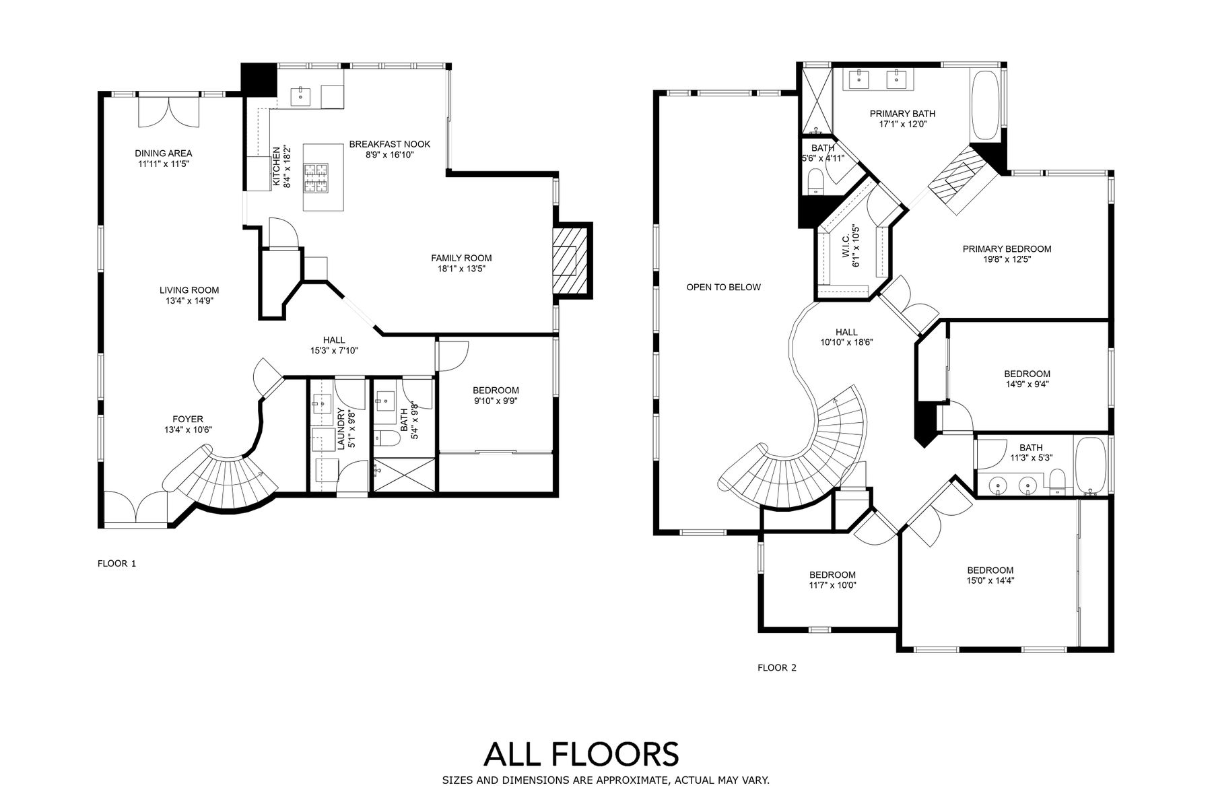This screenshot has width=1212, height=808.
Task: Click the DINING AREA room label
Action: [x=163, y=154]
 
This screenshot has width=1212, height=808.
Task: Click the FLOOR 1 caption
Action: [x=117, y=564]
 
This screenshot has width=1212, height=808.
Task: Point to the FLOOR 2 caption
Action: [x=777, y=668]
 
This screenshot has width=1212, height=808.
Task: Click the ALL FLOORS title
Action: [x=581, y=754]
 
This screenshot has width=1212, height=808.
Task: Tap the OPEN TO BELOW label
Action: [x=723, y=288]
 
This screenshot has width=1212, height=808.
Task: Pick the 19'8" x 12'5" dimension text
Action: [x=1007, y=259]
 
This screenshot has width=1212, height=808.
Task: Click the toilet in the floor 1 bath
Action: [x=387, y=438]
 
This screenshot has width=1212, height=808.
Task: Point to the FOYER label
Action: [x=187, y=419]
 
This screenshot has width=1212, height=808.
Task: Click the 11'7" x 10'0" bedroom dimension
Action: [x=832, y=585]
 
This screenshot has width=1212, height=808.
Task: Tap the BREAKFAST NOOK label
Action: [x=389, y=144]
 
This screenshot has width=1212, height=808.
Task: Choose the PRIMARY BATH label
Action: [x=902, y=114]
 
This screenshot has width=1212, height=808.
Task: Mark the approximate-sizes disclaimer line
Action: [x=605, y=780]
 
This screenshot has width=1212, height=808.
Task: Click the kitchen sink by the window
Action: [x=300, y=97]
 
